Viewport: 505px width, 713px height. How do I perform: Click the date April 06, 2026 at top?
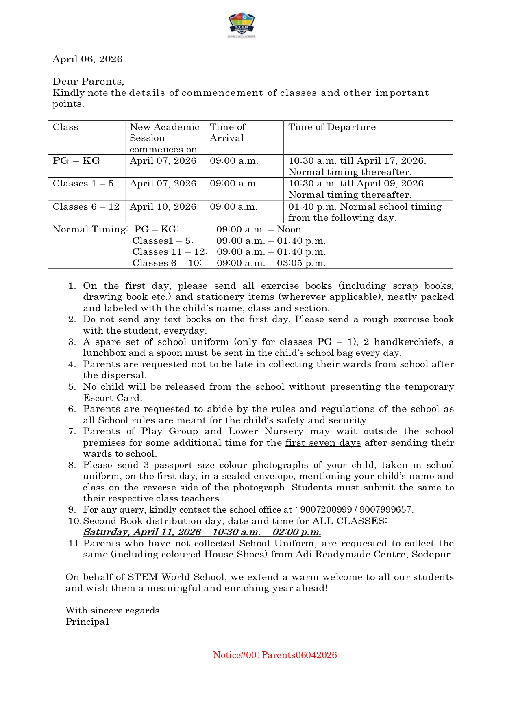click(x=87, y=59)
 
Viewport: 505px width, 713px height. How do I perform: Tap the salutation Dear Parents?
click(x=88, y=82)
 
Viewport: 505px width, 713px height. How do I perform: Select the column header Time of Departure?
click(x=332, y=127)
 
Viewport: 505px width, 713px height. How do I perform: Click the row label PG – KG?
click(x=76, y=161)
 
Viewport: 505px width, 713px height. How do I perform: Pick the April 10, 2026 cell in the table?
click(x=163, y=207)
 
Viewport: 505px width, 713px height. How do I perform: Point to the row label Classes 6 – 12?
click(x=86, y=207)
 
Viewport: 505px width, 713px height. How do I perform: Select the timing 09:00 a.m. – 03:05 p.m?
click(x=271, y=263)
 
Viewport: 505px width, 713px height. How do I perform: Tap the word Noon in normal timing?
click(x=289, y=230)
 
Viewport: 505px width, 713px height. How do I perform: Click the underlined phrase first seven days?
click(x=323, y=443)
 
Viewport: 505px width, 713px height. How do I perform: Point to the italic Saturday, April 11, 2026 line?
click(x=202, y=532)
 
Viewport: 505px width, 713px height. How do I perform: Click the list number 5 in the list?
click(x=72, y=387)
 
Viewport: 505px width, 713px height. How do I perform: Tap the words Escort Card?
click(x=112, y=398)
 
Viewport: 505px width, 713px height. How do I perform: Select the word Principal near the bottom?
click(x=87, y=622)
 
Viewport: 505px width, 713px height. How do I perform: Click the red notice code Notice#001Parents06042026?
click(x=275, y=655)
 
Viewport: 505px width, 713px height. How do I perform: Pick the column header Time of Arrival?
click(x=227, y=132)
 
